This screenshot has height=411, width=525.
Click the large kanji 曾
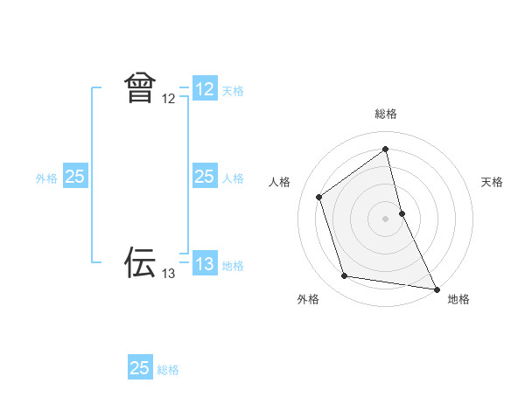pyautogui.click(x=140, y=88)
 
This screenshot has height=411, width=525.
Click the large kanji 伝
pyautogui.click(x=140, y=261)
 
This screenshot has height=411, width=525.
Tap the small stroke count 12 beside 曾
pyautogui.click(x=169, y=100)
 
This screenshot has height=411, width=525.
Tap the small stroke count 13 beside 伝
pyautogui.click(x=169, y=274)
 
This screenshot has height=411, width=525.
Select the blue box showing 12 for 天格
pyautogui.click(x=205, y=89)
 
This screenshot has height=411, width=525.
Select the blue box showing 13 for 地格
pyautogui.click(x=205, y=263)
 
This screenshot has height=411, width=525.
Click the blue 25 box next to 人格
pyautogui.click(x=205, y=177)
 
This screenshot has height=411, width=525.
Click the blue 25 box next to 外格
pyautogui.click(x=74, y=177)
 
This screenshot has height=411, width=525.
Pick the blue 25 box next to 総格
pyautogui.click(x=140, y=368)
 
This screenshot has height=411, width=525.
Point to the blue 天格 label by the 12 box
pyautogui.click(x=233, y=91)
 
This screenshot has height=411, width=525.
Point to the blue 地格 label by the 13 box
pyautogui.click(x=233, y=266)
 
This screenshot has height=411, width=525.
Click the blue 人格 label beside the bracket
pyautogui.click(x=233, y=178)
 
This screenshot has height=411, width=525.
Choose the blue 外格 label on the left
pyautogui.click(x=46, y=178)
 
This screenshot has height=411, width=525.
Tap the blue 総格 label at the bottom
pyautogui.click(x=168, y=370)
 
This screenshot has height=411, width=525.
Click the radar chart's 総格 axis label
pyautogui.click(x=386, y=114)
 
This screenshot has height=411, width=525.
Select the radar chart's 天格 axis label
pyautogui.click(x=492, y=182)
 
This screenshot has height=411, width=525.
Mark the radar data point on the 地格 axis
pyautogui.click(x=437, y=289)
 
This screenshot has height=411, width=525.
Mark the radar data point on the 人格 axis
pyautogui.click(x=319, y=197)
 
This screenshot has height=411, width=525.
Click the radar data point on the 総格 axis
pyautogui.click(x=386, y=150)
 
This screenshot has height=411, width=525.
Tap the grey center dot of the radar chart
pyautogui.click(x=386, y=219)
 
